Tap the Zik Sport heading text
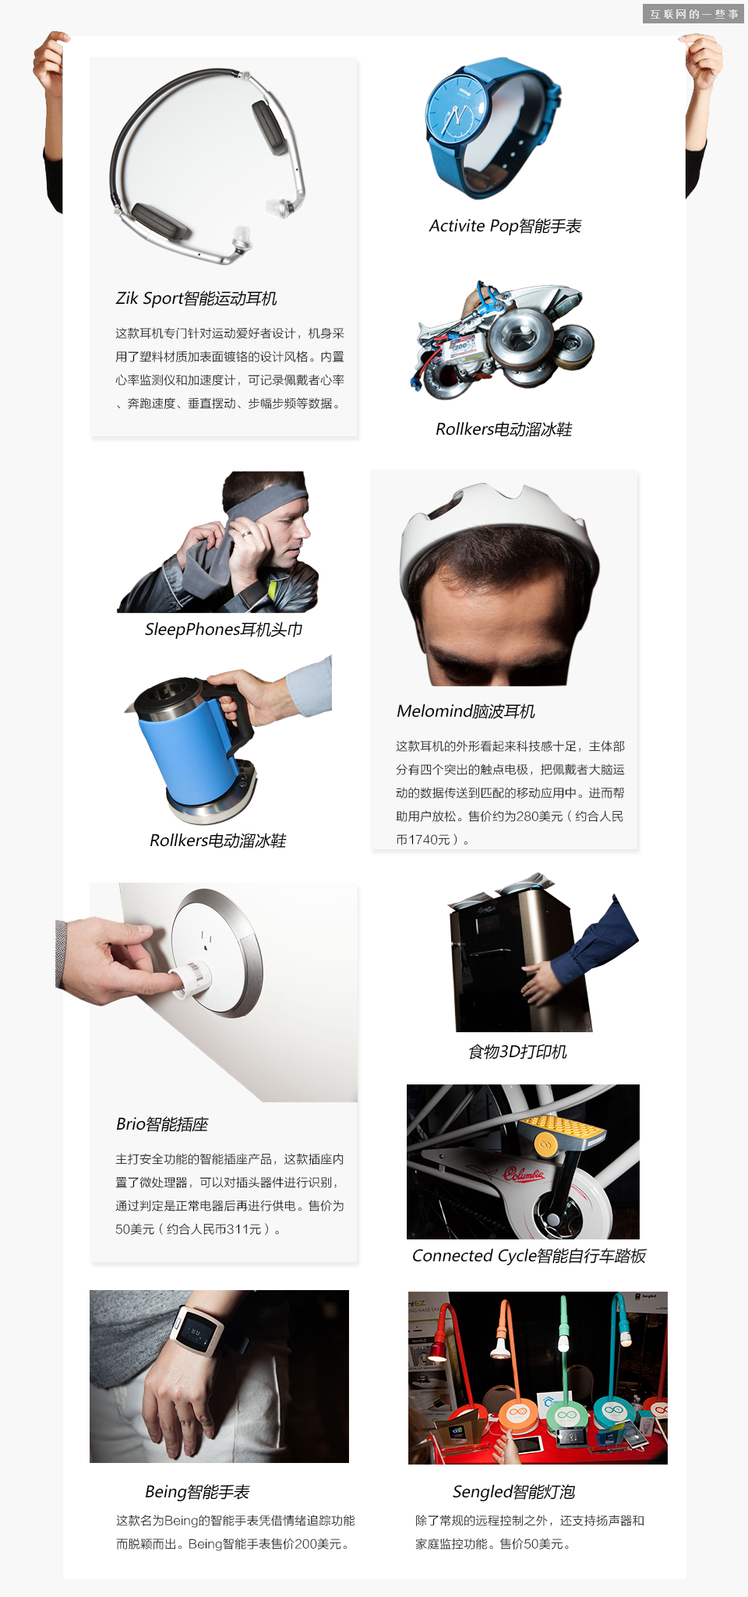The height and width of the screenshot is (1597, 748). [x=196, y=298]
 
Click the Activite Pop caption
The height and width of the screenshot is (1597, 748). [x=505, y=226]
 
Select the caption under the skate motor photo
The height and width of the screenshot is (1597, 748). [x=503, y=429]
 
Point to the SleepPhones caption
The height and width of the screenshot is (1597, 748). [x=224, y=629]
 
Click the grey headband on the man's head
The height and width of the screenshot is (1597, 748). [x=269, y=499]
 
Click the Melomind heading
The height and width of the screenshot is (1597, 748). [x=466, y=711]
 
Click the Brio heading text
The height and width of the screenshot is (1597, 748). [x=162, y=1124]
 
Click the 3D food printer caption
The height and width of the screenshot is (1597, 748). [x=517, y=1052]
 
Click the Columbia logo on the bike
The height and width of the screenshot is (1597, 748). [x=524, y=1173]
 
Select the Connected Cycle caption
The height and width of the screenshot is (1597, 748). [x=528, y=1256]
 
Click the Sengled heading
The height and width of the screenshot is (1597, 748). [x=513, y=1492]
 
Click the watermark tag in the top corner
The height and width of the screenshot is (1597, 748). [x=693, y=13]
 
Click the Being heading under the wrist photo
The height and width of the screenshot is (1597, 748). [x=197, y=1492]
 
